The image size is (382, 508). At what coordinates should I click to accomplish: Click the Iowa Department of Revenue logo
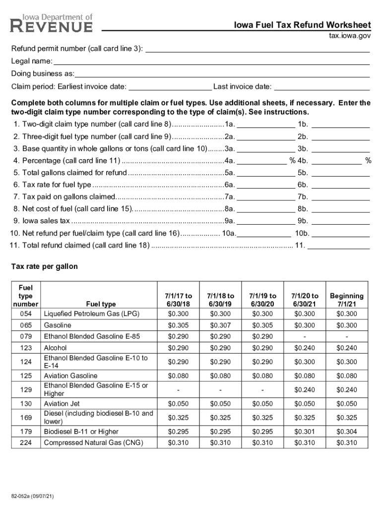pos(52,23)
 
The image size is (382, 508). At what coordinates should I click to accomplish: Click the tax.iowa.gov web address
pos(350,36)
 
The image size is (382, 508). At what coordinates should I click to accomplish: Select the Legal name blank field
pos(211,61)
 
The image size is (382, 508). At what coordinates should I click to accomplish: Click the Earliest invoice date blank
pos(170,87)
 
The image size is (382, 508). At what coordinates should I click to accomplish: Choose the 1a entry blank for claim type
pos(266,124)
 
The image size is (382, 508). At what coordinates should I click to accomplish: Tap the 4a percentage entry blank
pos(263,160)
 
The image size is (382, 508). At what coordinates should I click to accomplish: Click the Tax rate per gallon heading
pos(45,266)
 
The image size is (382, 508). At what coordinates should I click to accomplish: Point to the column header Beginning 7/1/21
pos(346,299)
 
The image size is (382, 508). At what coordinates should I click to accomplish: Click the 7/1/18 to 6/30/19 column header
pos(220,299)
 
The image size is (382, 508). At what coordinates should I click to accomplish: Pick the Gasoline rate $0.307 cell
pos(220,325)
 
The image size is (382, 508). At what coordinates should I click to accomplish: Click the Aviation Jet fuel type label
pos(62,404)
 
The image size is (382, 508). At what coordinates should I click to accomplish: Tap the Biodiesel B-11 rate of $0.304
pos(346,432)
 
